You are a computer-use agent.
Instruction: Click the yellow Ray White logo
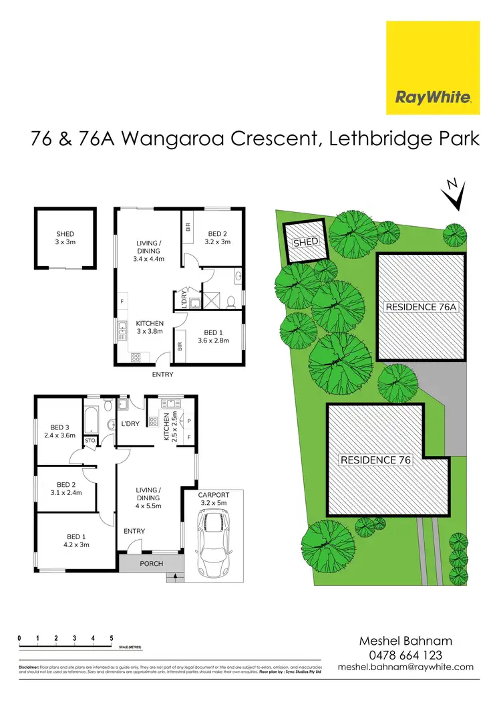(x=433, y=68)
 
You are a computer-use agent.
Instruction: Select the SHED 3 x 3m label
(x=65, y=238)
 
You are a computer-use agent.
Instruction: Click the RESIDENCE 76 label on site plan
(x=375, y=460)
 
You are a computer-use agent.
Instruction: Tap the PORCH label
(x=151, y=563)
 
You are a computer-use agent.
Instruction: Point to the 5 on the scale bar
(x=112, y=638)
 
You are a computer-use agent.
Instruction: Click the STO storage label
(x=90, y=441)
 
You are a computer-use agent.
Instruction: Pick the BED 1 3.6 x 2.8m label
(x=212, y=336)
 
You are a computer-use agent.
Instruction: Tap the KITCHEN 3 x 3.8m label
(x=150, y=327)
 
